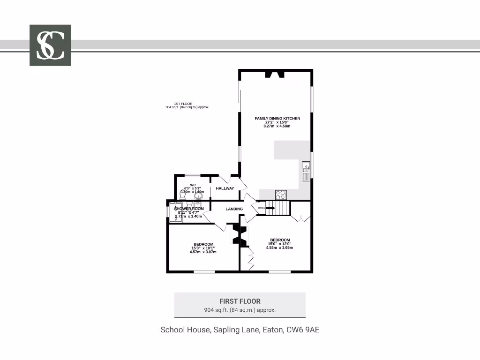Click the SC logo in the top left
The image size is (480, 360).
pyautogui.click(x=50, y=45)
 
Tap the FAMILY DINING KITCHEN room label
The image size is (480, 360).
pyautogui.click(x=277, y=119)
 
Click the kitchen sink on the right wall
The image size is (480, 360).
pyautogui.click(x=306, y=172)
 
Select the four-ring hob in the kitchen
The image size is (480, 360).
pyautogui.click(x=281, y=195)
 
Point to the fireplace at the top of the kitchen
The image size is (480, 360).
pyautogui.click(x=275, y=74)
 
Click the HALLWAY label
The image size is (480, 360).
pyautogui.click(x=225, y=188)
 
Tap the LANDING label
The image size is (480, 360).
pyautogui.click(x=234, y=209)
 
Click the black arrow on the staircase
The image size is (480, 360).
pyautogui.click(x=270, y=208)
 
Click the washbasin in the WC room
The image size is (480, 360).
pyautogui.click(x=198, y=196)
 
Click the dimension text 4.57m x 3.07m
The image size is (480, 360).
pyautogui.click(x=203, y=252)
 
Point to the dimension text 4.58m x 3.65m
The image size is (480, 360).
pyautogui.click(x=279, y=248)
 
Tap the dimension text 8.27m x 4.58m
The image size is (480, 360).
pyautogui.click(x=277, y=127)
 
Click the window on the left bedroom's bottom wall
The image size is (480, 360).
pyautogui.click(x=204, y=271)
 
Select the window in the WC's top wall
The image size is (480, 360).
pyautogui.click(x=192, y=175)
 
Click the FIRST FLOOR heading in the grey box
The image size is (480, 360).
pyautogui.click(x=240, y=301)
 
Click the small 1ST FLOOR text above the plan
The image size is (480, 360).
pyautogui.click(x=183, y=104)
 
